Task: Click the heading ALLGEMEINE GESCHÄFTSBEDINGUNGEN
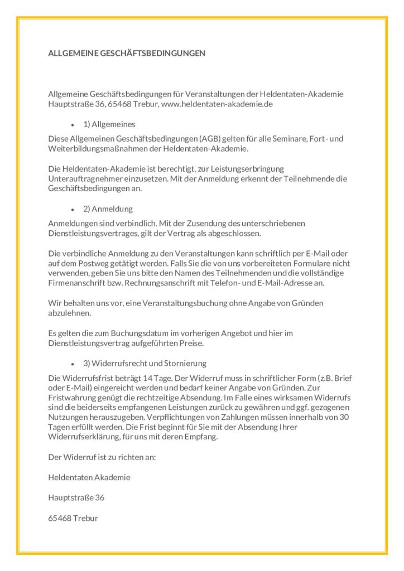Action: tap(127, 54)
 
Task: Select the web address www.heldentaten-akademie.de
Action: tap(217, 104)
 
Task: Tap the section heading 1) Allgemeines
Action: tap(109, 124)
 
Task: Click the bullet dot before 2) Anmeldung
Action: tap(73, 209)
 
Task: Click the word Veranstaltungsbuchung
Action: tap(176, 303)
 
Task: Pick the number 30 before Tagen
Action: tap(346, 417)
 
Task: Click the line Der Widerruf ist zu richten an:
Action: tap(102, 457)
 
